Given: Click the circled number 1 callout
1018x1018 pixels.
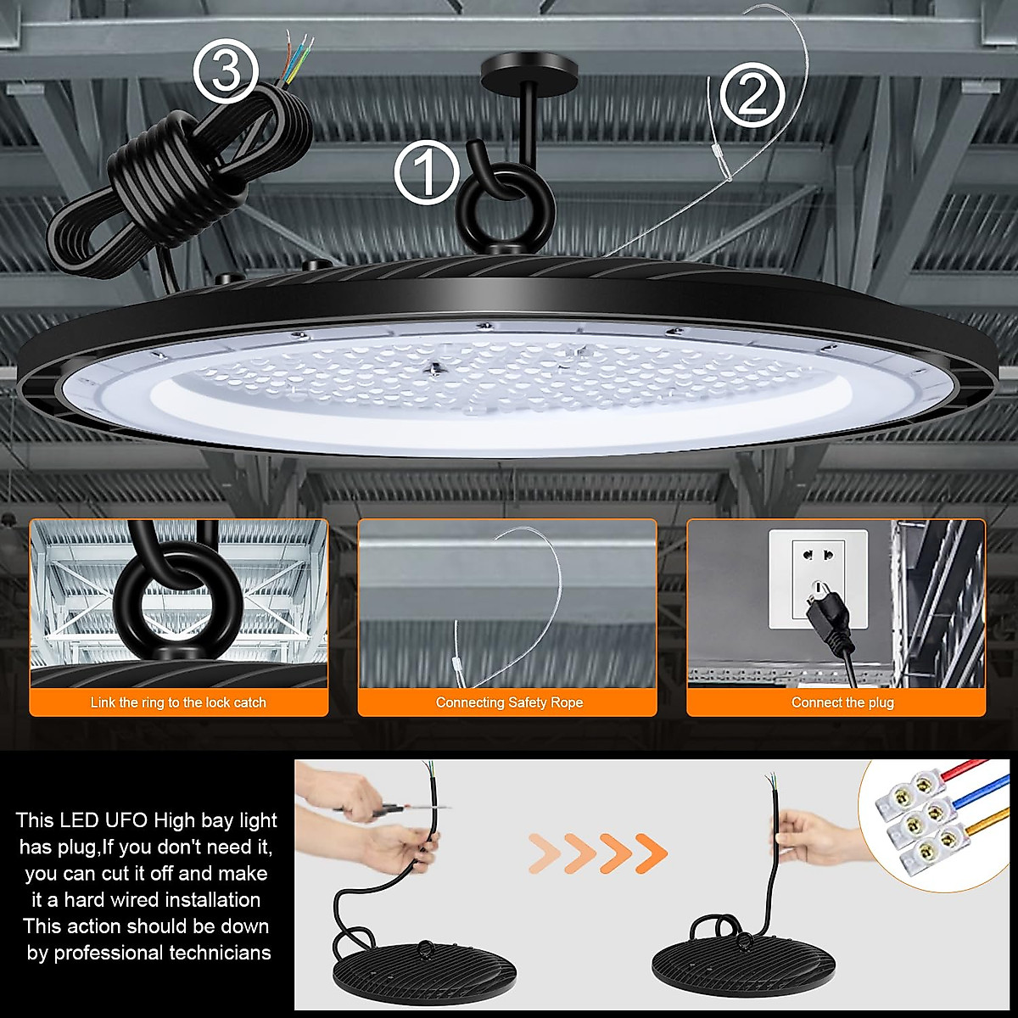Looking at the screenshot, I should [x=427, y=172].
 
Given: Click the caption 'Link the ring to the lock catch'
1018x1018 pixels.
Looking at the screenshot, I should [x=178, y=702].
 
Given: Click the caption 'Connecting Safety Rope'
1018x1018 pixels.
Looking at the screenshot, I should [x=509, y=702].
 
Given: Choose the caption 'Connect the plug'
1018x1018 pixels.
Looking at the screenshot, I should [x=842, y=702].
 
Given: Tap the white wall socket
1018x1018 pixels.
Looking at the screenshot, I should [x=818, y=579].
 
